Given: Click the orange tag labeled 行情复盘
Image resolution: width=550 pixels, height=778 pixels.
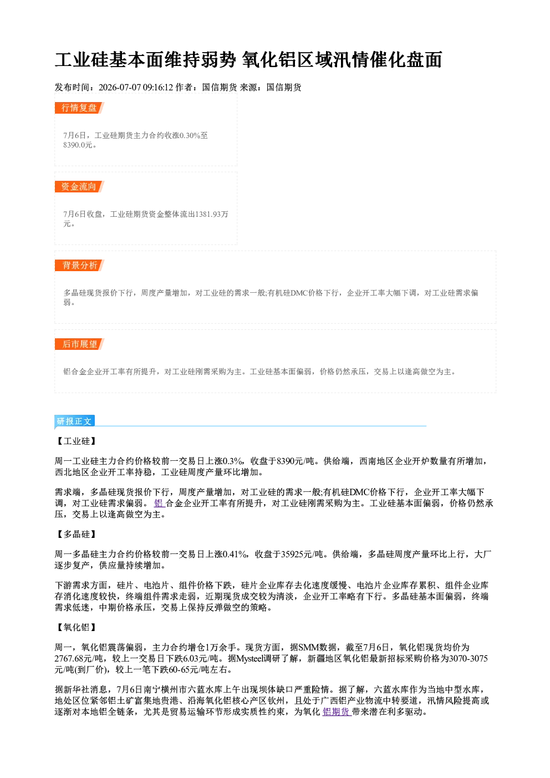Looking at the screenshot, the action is (79, 108).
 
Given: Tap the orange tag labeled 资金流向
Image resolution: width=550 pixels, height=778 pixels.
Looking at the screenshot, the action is (79, 186).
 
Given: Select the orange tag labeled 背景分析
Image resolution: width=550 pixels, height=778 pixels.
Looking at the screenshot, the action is (79, 266).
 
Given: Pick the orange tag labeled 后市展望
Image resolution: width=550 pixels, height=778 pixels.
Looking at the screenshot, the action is (79, 344).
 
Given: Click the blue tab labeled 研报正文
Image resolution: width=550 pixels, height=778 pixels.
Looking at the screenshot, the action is (74, 421).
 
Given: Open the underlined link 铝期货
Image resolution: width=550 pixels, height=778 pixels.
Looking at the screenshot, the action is (337, 711).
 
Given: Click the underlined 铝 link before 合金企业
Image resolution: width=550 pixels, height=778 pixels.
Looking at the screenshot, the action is (159, 504).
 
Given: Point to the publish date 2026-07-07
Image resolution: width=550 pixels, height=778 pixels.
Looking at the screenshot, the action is (120, 87).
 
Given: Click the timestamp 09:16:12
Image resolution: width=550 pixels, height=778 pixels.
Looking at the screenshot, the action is (158, 87).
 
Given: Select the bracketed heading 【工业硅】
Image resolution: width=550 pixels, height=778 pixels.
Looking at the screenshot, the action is (77, 441).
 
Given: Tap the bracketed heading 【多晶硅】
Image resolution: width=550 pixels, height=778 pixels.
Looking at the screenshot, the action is (77, 534).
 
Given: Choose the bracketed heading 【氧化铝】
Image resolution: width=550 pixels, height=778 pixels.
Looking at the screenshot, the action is (77, 627).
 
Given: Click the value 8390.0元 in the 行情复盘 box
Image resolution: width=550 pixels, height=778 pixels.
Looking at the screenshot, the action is (78, 145).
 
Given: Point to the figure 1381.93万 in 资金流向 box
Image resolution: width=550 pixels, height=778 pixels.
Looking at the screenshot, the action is (212, 214).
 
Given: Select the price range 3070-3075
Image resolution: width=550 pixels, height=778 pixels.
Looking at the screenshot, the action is (468, 659).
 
